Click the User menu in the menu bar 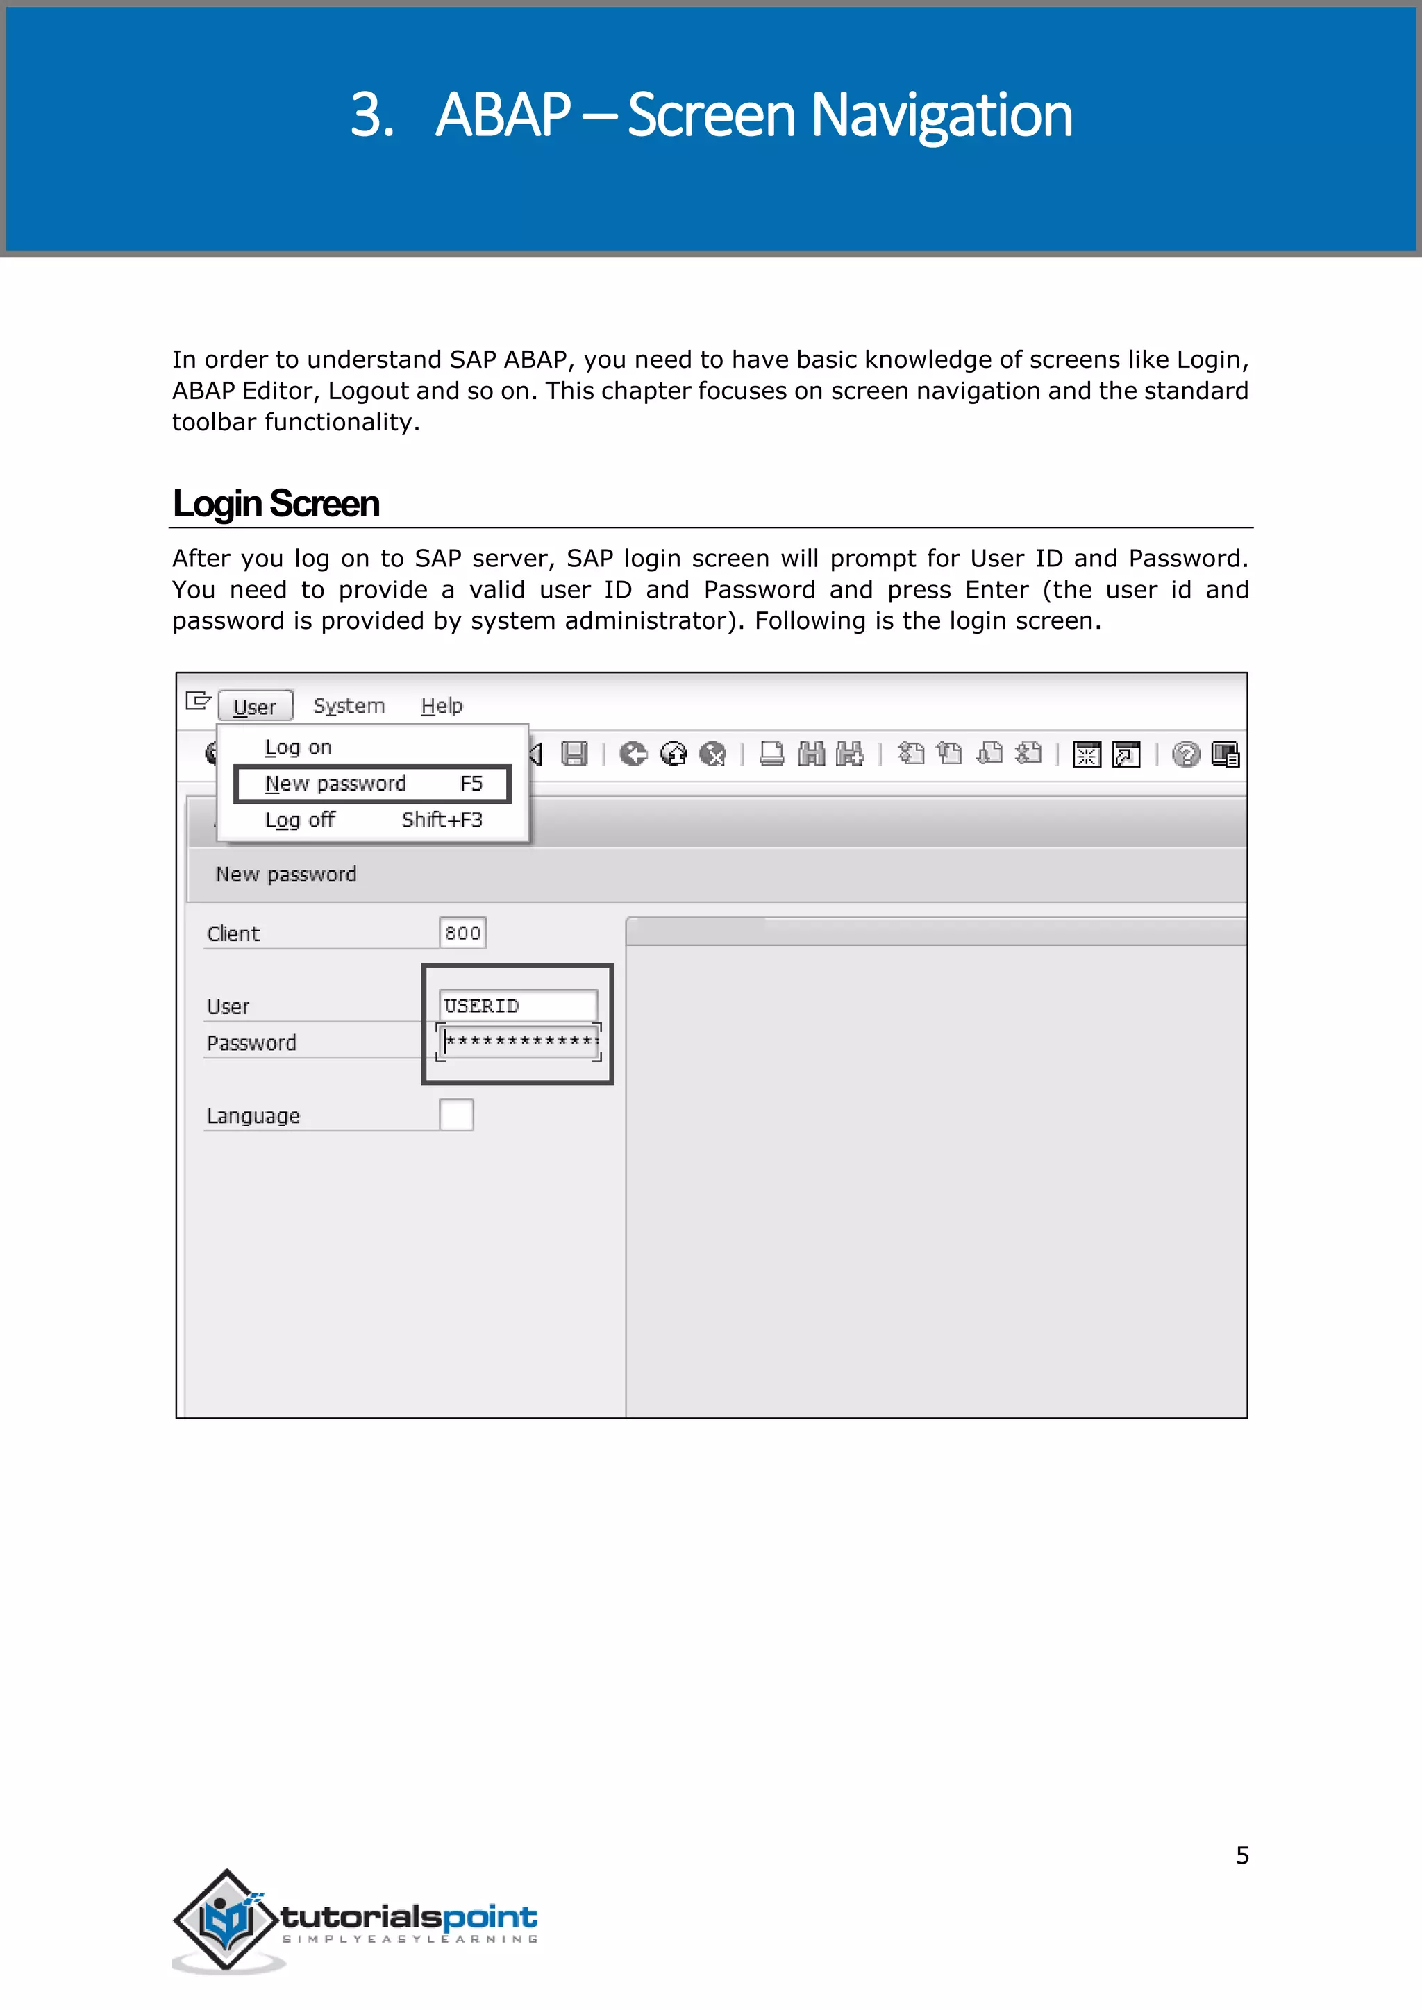[x=255, y=707]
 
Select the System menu [x=349, y=706]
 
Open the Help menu [x=442, y=706]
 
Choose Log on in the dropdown [x=299, y=748]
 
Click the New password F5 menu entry [x=372, y=784]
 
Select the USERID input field [x=517, y=1006]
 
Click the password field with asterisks [x=519, y=1042]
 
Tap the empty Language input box [x=456, y=1115]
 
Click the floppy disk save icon [x=574, y=754]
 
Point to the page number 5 [x=1241, y=1855]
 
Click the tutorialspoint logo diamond [x=227, y=1920]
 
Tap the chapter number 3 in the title [x=371, y=115]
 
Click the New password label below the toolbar [x=286, y=875]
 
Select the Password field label [x=251, y=1043]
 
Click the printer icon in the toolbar [x=771, y=754]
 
